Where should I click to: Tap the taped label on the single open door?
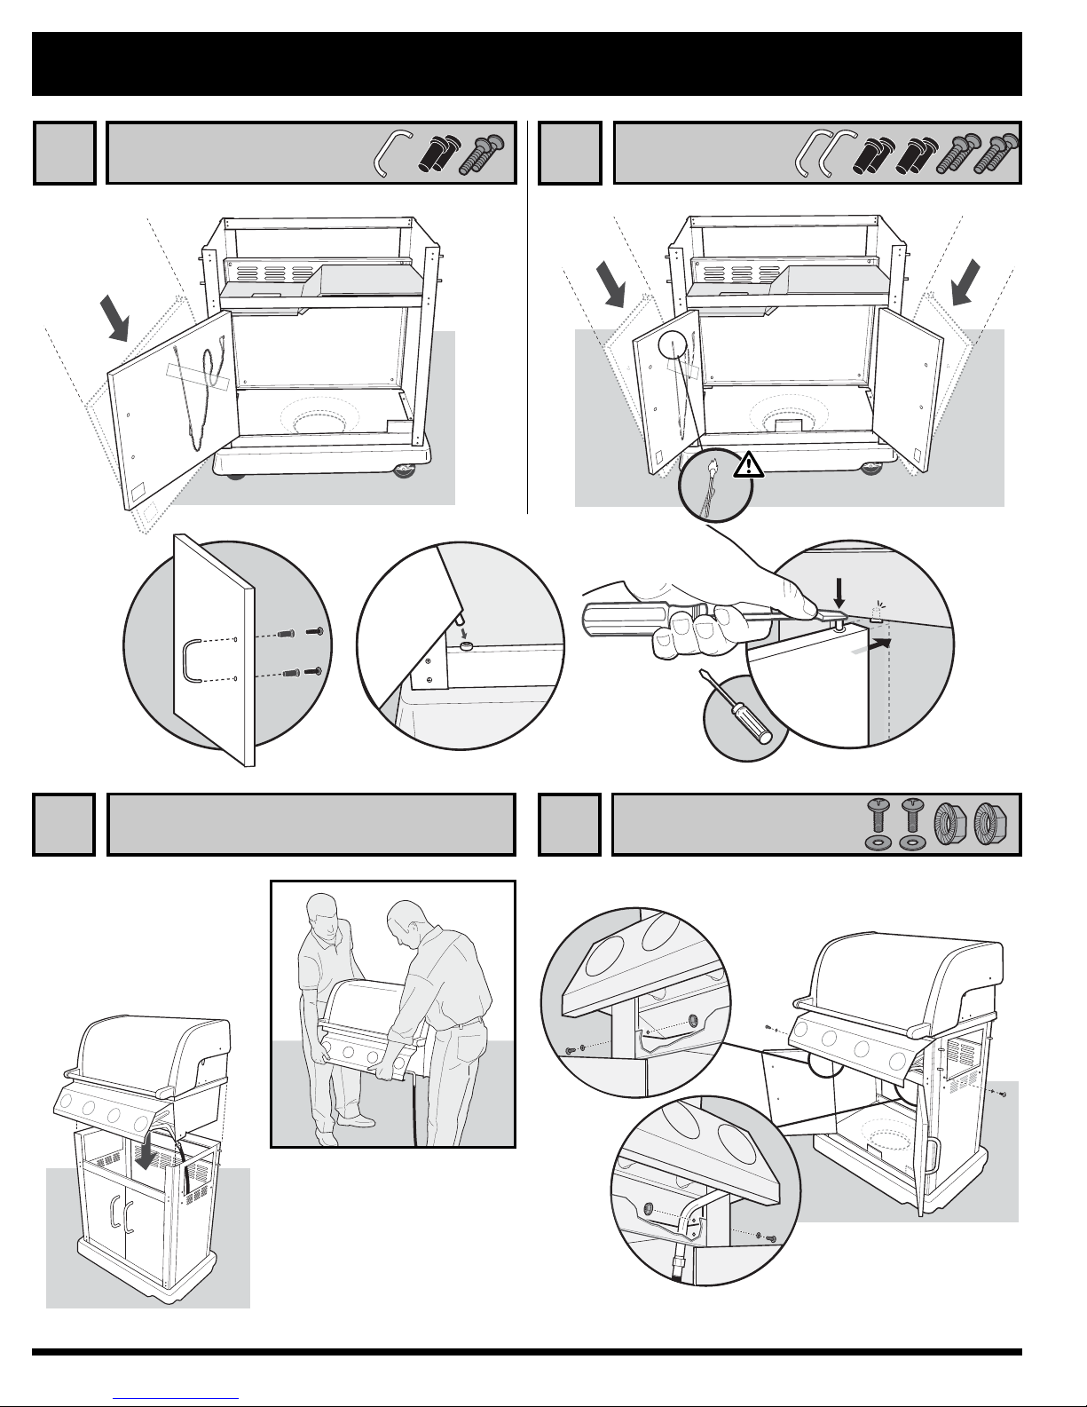pyautogui.click(x=195, y=377)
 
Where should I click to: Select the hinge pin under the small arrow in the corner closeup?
pyautogui.click(x=467, y=646)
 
